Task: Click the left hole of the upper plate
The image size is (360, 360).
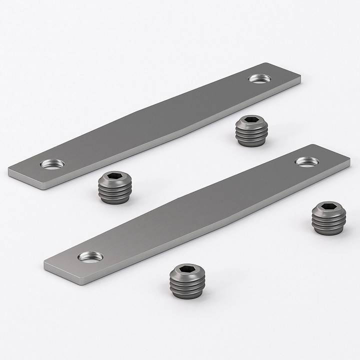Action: coord(53,163)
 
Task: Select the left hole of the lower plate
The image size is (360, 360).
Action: coord(90,257)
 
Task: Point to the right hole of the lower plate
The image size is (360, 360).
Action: coord(306,161)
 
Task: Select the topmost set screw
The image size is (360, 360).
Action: coord(251,130)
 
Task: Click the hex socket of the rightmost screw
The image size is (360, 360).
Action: coord(329,207)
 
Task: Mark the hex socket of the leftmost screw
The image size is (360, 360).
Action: coord(114,178)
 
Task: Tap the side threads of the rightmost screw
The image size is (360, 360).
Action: coord(329,225)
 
